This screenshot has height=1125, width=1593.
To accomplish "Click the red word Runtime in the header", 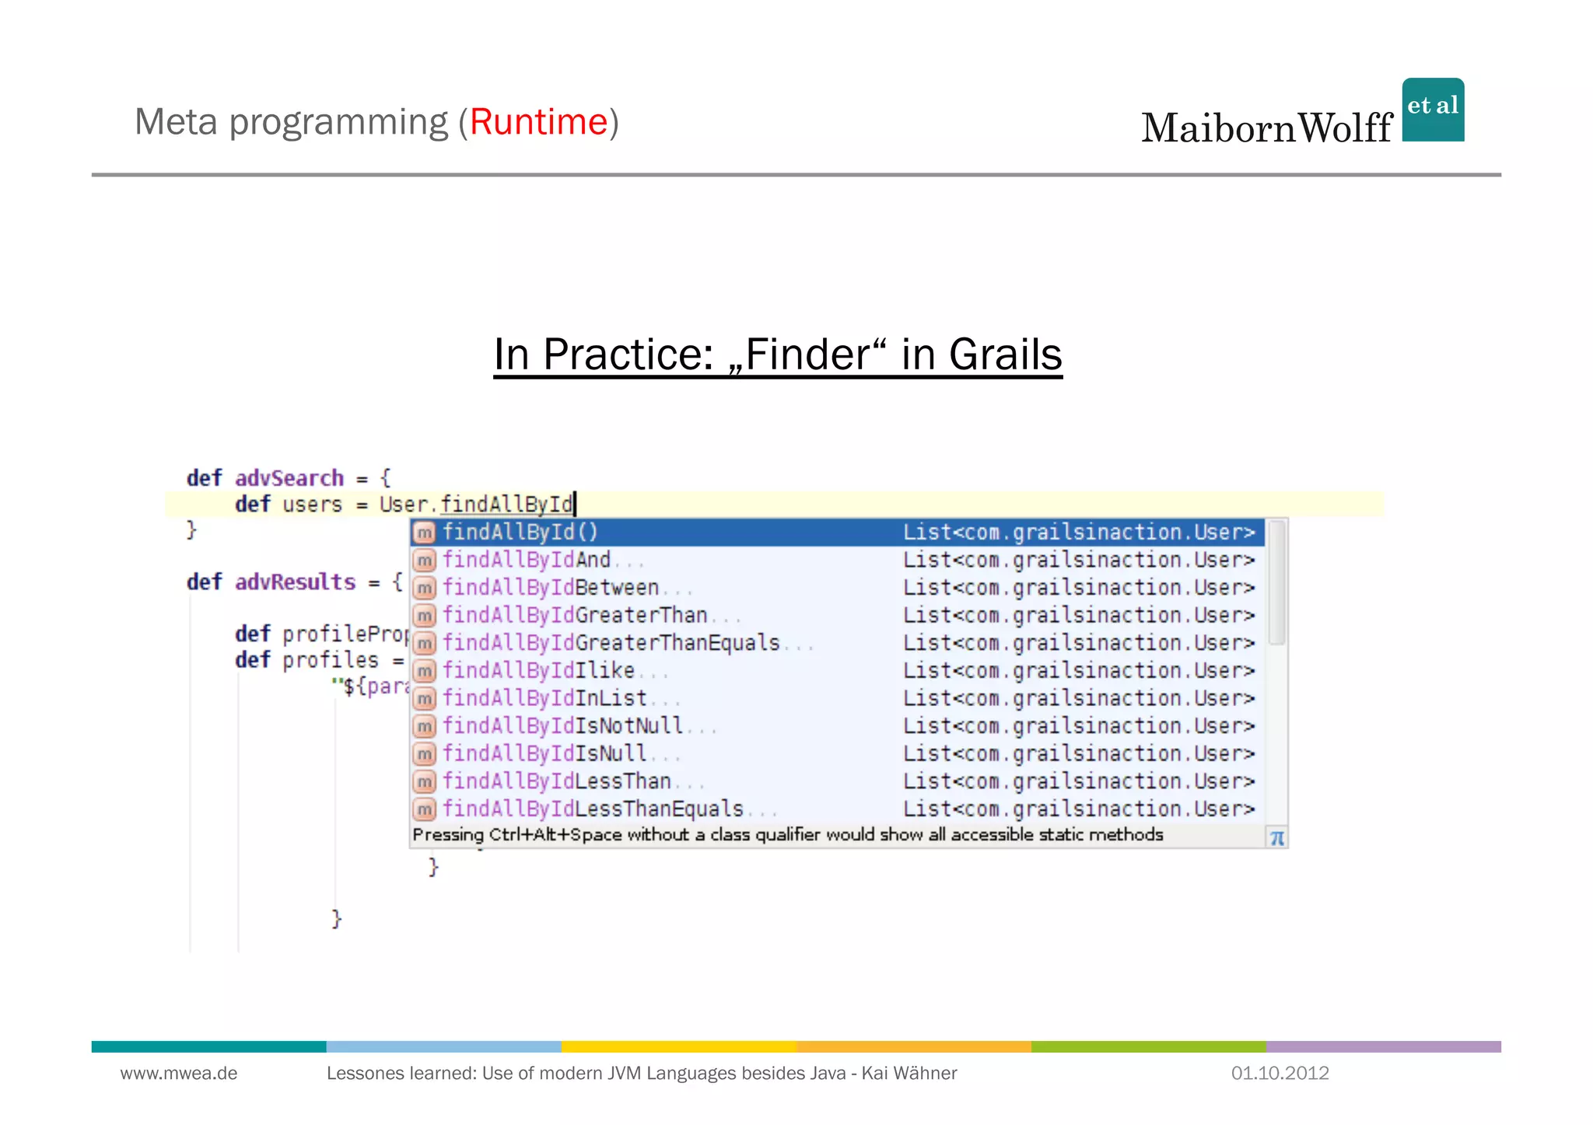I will [538, 122].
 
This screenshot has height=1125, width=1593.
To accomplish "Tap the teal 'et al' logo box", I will [1433, 109].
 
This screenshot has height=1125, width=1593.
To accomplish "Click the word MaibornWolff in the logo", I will [1266, 128].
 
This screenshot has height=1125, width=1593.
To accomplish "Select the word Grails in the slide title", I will [1005, 355].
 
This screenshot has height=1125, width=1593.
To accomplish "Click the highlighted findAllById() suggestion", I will [520, 533].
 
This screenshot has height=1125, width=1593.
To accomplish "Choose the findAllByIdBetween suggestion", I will [551, 588].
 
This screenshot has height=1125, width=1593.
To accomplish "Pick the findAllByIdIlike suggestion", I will [538, 671].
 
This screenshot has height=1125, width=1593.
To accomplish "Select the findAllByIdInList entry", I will [544, 698].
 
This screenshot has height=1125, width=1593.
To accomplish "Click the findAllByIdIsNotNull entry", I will [562, 726].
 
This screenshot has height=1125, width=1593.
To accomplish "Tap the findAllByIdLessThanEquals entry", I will [593, 809].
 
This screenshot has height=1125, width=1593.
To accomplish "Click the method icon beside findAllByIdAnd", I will [424, 561].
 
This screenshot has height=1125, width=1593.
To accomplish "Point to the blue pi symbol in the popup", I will [1276, 838].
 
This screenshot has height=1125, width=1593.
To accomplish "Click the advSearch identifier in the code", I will [289, 478].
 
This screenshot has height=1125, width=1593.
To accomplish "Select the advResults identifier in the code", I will [295, 582].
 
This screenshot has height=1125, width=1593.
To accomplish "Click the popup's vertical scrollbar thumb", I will [1276, 582].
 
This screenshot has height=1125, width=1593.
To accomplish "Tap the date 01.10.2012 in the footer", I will [1280, 1074].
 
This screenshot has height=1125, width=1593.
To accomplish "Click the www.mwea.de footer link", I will [179, 1074].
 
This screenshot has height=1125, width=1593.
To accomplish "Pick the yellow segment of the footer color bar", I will [678, 1046].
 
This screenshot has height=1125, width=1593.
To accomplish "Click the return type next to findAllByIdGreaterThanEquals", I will [1079, 643].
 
